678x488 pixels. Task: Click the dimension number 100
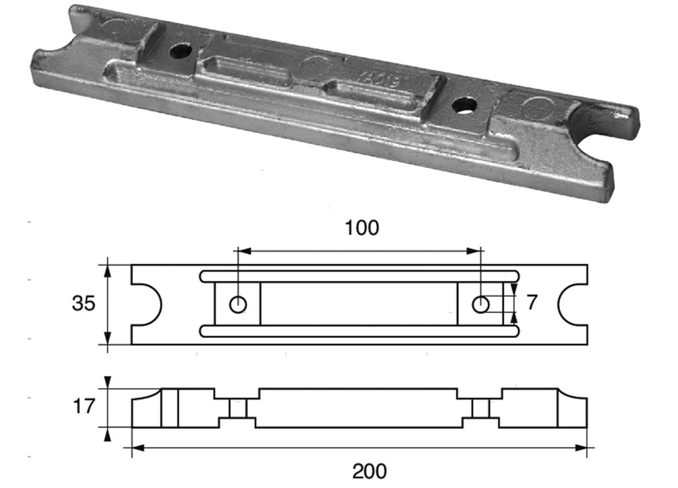pos(362,228)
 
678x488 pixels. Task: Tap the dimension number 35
pos(83,303)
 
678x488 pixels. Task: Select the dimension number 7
pos(532,302)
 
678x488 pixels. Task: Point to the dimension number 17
pos(84,406)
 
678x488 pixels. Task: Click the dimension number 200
pos(369,471)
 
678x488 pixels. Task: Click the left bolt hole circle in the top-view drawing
pos(238,304)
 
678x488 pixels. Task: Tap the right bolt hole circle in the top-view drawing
pos(480,304)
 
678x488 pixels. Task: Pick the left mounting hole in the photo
pos(180,51)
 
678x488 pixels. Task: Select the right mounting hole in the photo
pos(464,105)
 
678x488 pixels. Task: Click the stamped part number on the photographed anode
pos(382,79)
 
